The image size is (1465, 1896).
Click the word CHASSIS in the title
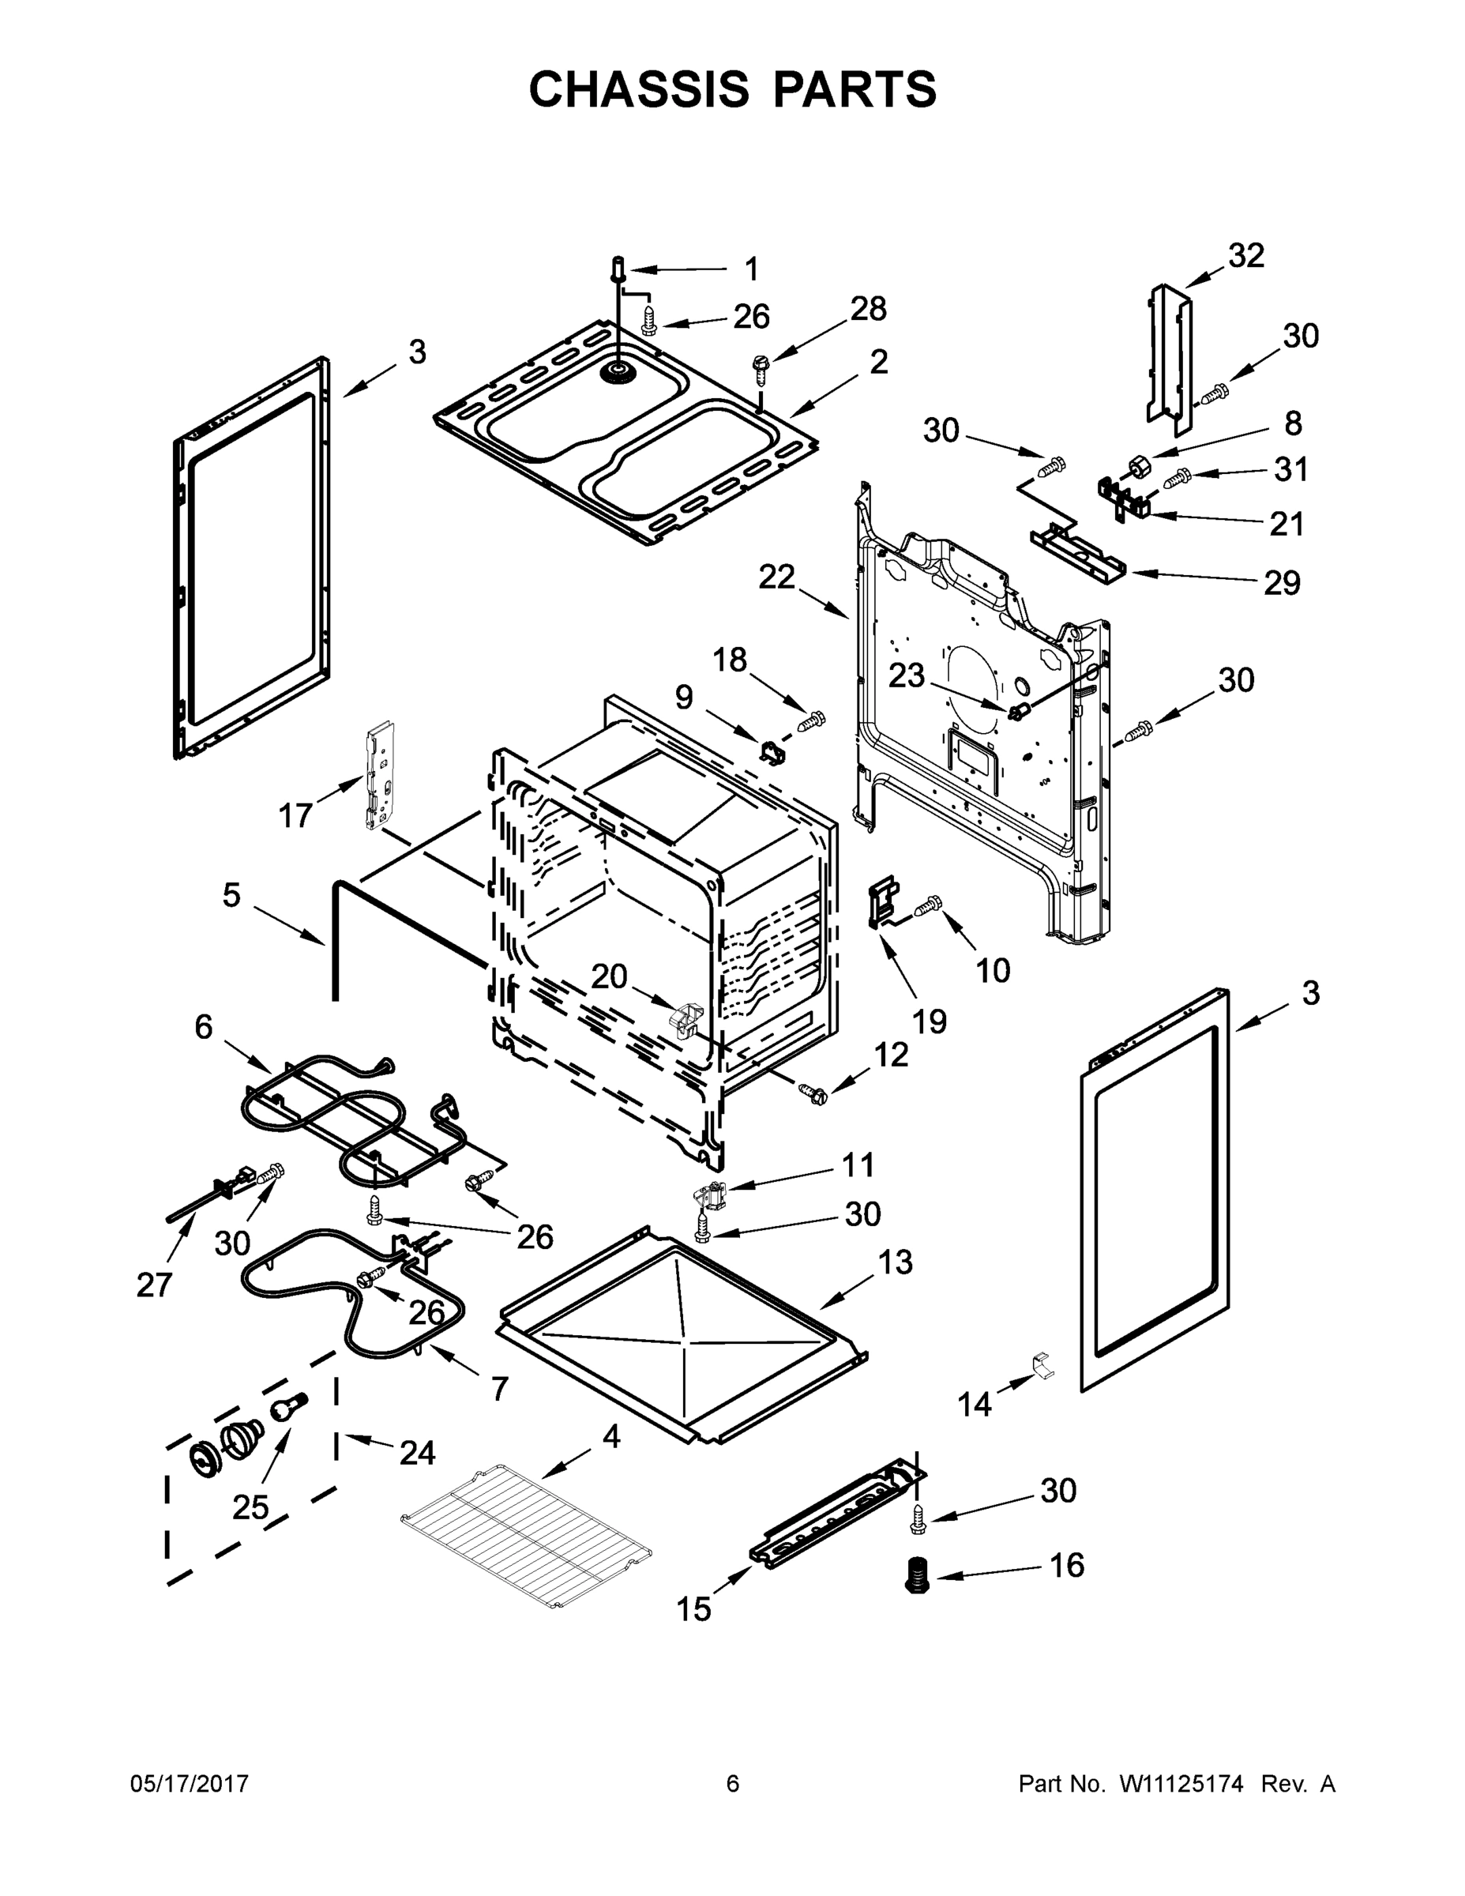(639, 89)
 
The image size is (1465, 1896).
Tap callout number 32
(1246, 256)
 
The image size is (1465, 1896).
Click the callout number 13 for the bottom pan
(896, 1262)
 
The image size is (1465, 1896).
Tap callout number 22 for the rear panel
(777, 577)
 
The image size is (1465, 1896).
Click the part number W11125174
(1181, 1783)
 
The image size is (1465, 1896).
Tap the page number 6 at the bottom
(733, 1783)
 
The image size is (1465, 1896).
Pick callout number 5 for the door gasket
(231, 895)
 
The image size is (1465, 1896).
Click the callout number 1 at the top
(752, 269)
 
